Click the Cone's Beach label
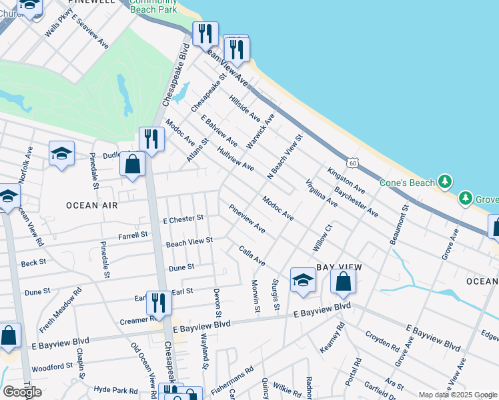pyautogui.click(x=407, y=183)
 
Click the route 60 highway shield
pyautogui.click(x=352, y=163)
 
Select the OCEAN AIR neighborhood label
pyautogui.click(x=92, y=205)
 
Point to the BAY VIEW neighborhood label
pyautogui.click(x=339, y=267)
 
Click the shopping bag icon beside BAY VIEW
pyautogui.click(x=343, y=281)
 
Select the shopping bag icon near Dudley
pyautogui.click(x=133, y=163)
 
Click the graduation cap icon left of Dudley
pyautogui.click(x=61, y=153)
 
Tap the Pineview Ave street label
pyautogui.click(x=247, y=219)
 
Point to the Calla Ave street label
pyautogui.click(x=252, y=255)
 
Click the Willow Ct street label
pyautogui.click(x=323, y=238)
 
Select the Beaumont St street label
pyautogui.click(x=398, y=226)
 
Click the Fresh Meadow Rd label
pyautogui.click(x=60, y=310)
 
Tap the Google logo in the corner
pyautogui.click(x=22, y=392)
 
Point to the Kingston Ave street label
pyautogui.click(x=346, y=181)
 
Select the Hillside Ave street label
pyautogui.click(x=245, y=107)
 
